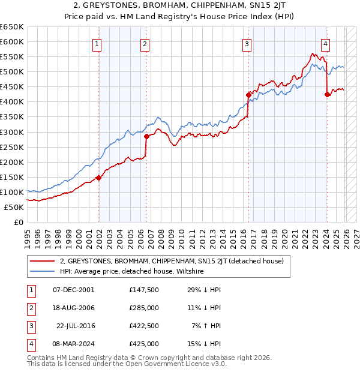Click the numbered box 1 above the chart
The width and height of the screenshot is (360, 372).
click(97, 43)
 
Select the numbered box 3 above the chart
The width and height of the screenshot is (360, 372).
click(247, 43)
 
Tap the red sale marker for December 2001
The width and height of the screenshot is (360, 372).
click(99, 178)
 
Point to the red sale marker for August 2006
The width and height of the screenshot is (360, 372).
click(146, 136)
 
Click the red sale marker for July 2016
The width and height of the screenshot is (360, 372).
click(248, 95)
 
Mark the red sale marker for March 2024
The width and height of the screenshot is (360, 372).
click(327, 94)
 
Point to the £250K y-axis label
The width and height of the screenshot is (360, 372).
click(11, 147)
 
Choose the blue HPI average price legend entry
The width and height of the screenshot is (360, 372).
click(132, 271)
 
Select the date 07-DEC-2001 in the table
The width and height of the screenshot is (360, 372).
click(73, 290)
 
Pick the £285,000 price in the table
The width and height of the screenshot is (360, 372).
click(144, 308)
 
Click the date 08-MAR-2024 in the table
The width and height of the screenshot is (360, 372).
click(73, 344)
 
